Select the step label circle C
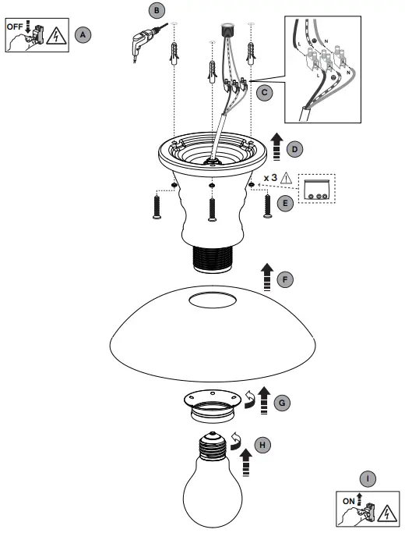point(265,92)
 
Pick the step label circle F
point(286,279)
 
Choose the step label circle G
point(283,402)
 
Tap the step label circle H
point(264,444)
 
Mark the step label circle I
point(365,478)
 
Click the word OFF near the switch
point(16,26)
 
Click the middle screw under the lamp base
point(211,208)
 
